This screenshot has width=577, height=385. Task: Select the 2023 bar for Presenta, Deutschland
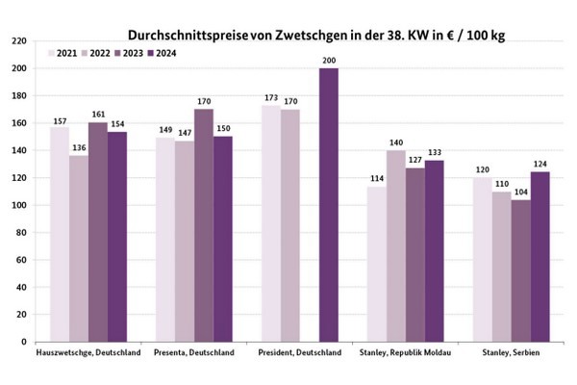click(x=203, y=225)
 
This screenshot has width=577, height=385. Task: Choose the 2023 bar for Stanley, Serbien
click(x=520, y=270)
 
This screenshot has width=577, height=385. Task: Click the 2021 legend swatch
click(x=54, y=51)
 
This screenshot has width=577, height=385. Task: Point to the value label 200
click(x=328, y=60)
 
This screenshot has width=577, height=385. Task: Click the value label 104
click(x=520, y=191)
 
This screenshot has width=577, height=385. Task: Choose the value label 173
click(x=271, y=96)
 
